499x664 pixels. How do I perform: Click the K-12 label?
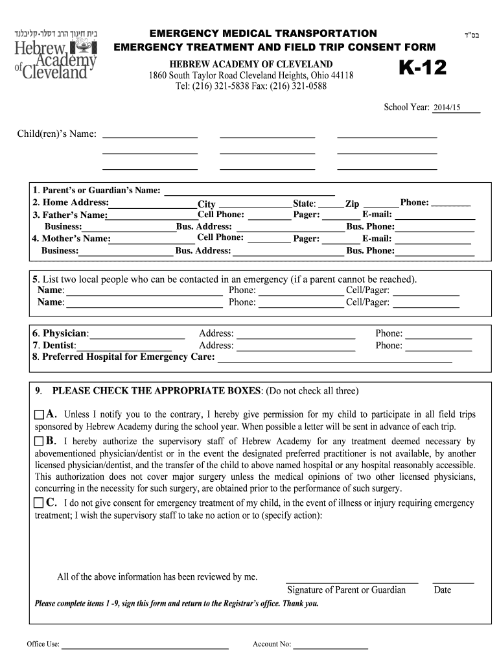point(422,67)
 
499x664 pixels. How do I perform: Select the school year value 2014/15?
point(447,108)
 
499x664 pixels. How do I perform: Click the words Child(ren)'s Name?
point(57,134)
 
